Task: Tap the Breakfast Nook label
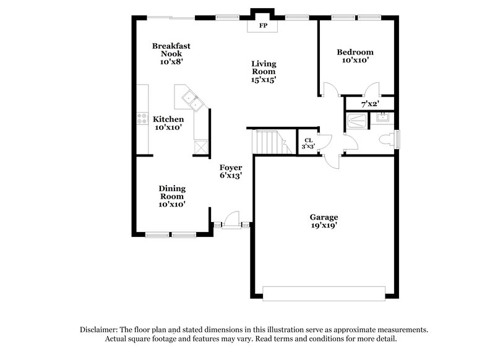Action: [171, 53]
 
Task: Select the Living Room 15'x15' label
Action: [264, 71]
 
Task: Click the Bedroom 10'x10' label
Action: [355, 56]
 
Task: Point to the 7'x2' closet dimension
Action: [370, 103]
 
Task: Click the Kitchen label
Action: [168, 123]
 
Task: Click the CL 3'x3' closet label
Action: [308, 144]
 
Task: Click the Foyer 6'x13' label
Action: [230, 171]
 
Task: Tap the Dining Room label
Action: [172, 195]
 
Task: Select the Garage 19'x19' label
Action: [324, 221]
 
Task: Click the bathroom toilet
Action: [385, 139]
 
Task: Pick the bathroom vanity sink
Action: [382, 116]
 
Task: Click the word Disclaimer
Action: [100, 330]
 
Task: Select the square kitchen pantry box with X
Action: [200, 147]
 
